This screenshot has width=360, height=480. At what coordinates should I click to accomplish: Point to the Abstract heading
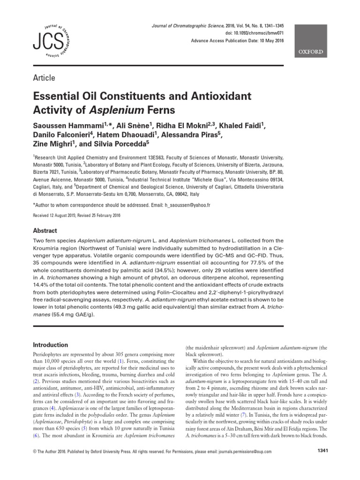point(45,231)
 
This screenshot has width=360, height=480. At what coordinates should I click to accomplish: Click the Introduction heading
point(50,345)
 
